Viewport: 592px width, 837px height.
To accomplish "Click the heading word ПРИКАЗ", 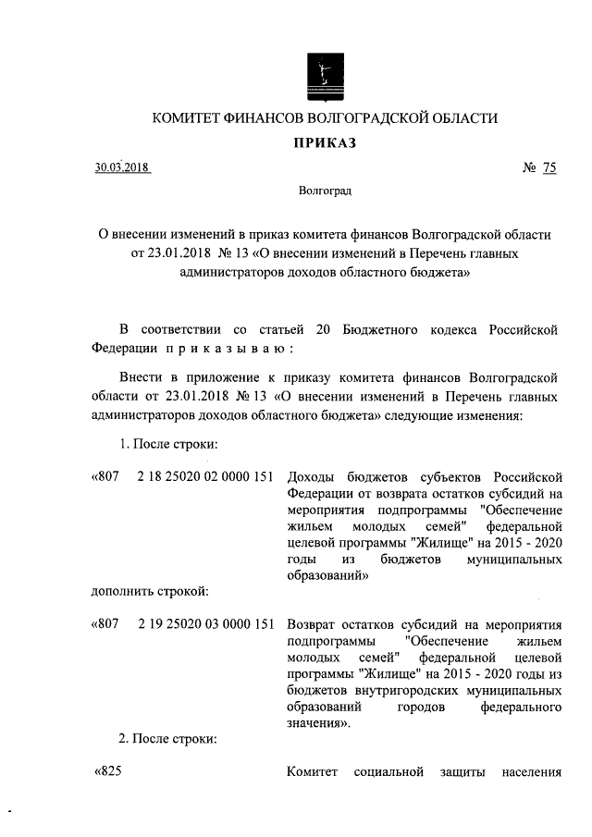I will point(325,142).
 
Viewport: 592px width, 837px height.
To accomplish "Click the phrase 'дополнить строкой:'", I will point(148,589).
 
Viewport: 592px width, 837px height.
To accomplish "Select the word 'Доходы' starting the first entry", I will point(310,476).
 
